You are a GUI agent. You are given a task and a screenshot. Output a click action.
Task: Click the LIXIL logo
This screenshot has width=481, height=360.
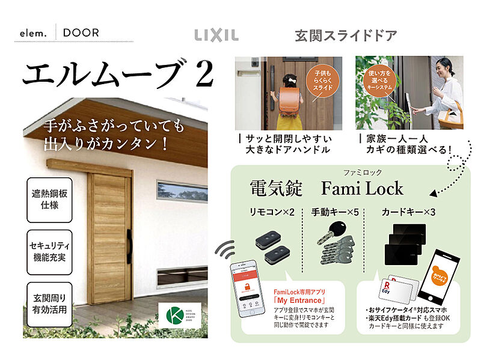pyautogui.click(x=216, y=35)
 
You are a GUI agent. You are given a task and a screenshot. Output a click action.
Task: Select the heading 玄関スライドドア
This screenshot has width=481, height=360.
pyautogui.click(x=346, y=35)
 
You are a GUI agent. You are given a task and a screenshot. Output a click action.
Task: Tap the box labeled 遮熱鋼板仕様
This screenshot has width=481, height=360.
pyautogui.click(x=49, y=201)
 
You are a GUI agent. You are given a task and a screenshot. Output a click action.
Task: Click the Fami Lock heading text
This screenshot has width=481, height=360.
pyautogui.click(x=362, y=189)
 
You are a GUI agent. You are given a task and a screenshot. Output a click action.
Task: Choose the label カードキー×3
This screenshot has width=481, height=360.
pyautogui.click(x=408, y=213)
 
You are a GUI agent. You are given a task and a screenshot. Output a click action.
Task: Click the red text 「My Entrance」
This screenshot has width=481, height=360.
pyautogui.click(x=299, y=300)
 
